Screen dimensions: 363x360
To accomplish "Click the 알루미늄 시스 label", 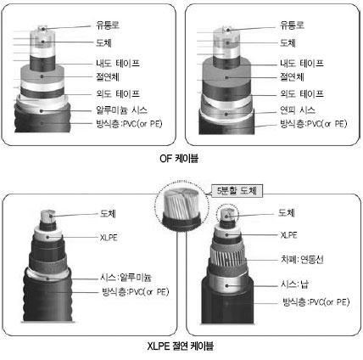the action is tap(121, 110).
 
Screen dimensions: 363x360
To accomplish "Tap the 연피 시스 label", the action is tap(298, 110).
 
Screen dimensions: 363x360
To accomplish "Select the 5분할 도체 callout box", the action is tap(237, 191).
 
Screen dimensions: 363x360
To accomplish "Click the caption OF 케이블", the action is tap(179, 158).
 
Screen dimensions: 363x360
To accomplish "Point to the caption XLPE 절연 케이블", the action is tap(181, 346).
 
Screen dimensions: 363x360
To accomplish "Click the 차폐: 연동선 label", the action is tap(302, 259).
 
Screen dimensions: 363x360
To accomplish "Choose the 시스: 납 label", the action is tap(294, 284).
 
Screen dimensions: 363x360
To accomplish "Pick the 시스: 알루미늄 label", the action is tap(126, 277).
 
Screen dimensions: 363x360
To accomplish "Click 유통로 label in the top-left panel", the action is tap(108, 25).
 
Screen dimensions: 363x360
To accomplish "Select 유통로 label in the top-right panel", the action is tap(292, 25).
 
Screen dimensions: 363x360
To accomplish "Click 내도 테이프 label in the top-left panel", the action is tap(118, 63).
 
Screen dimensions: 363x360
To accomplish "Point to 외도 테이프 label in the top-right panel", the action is tap(302, 93).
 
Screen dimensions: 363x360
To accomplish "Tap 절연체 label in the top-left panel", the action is tap(108, 76).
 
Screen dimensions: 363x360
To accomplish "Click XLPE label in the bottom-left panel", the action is tap(109, 238).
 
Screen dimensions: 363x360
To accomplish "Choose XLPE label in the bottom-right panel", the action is tap(288, 235).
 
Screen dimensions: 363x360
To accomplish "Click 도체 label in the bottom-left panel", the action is tap(108, 213).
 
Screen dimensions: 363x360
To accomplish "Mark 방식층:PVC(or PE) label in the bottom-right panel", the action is tap(316, 302).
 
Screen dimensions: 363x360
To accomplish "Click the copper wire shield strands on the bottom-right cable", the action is tap(227, 254).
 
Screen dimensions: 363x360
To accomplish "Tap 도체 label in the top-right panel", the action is tap(288, 42).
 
